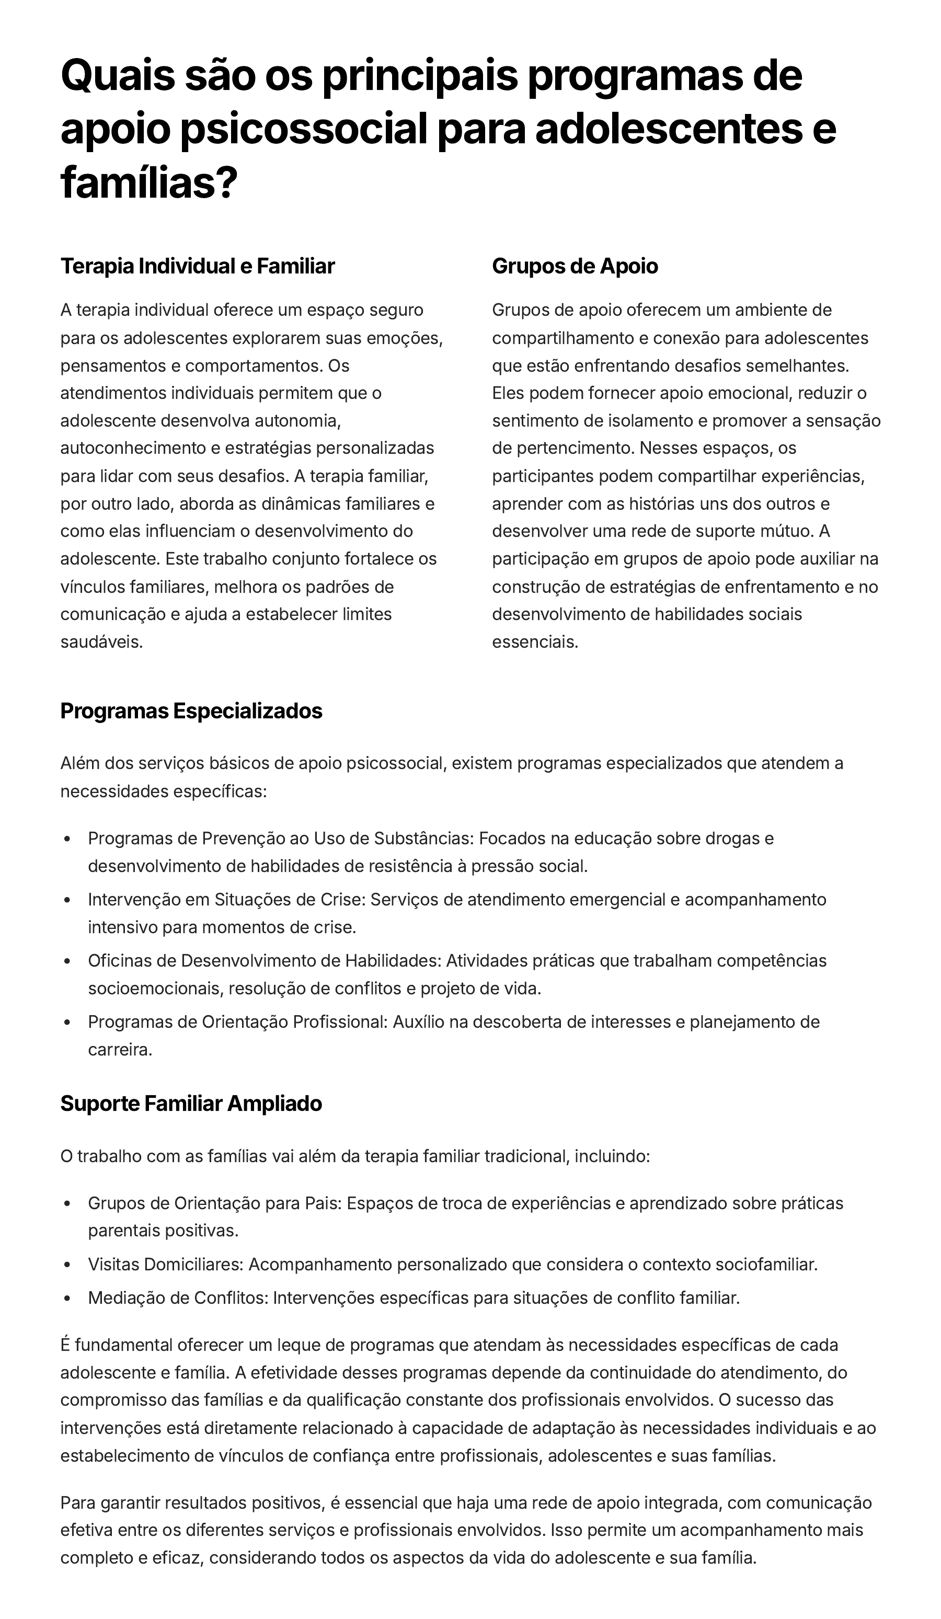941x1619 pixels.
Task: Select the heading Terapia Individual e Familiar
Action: pos(197,266)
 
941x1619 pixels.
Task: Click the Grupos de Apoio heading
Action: pos(575,266)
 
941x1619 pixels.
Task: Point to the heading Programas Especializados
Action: pos(191,711)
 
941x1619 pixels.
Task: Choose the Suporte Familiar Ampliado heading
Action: pos(191,1103)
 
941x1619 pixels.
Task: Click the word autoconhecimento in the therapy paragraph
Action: pos(137,448)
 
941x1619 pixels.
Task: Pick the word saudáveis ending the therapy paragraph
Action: pos(101,642)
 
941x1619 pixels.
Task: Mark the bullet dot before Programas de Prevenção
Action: pos(67,839)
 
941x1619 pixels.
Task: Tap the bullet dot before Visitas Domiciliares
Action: pos(67,1265)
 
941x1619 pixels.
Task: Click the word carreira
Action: pos(120,1050)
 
